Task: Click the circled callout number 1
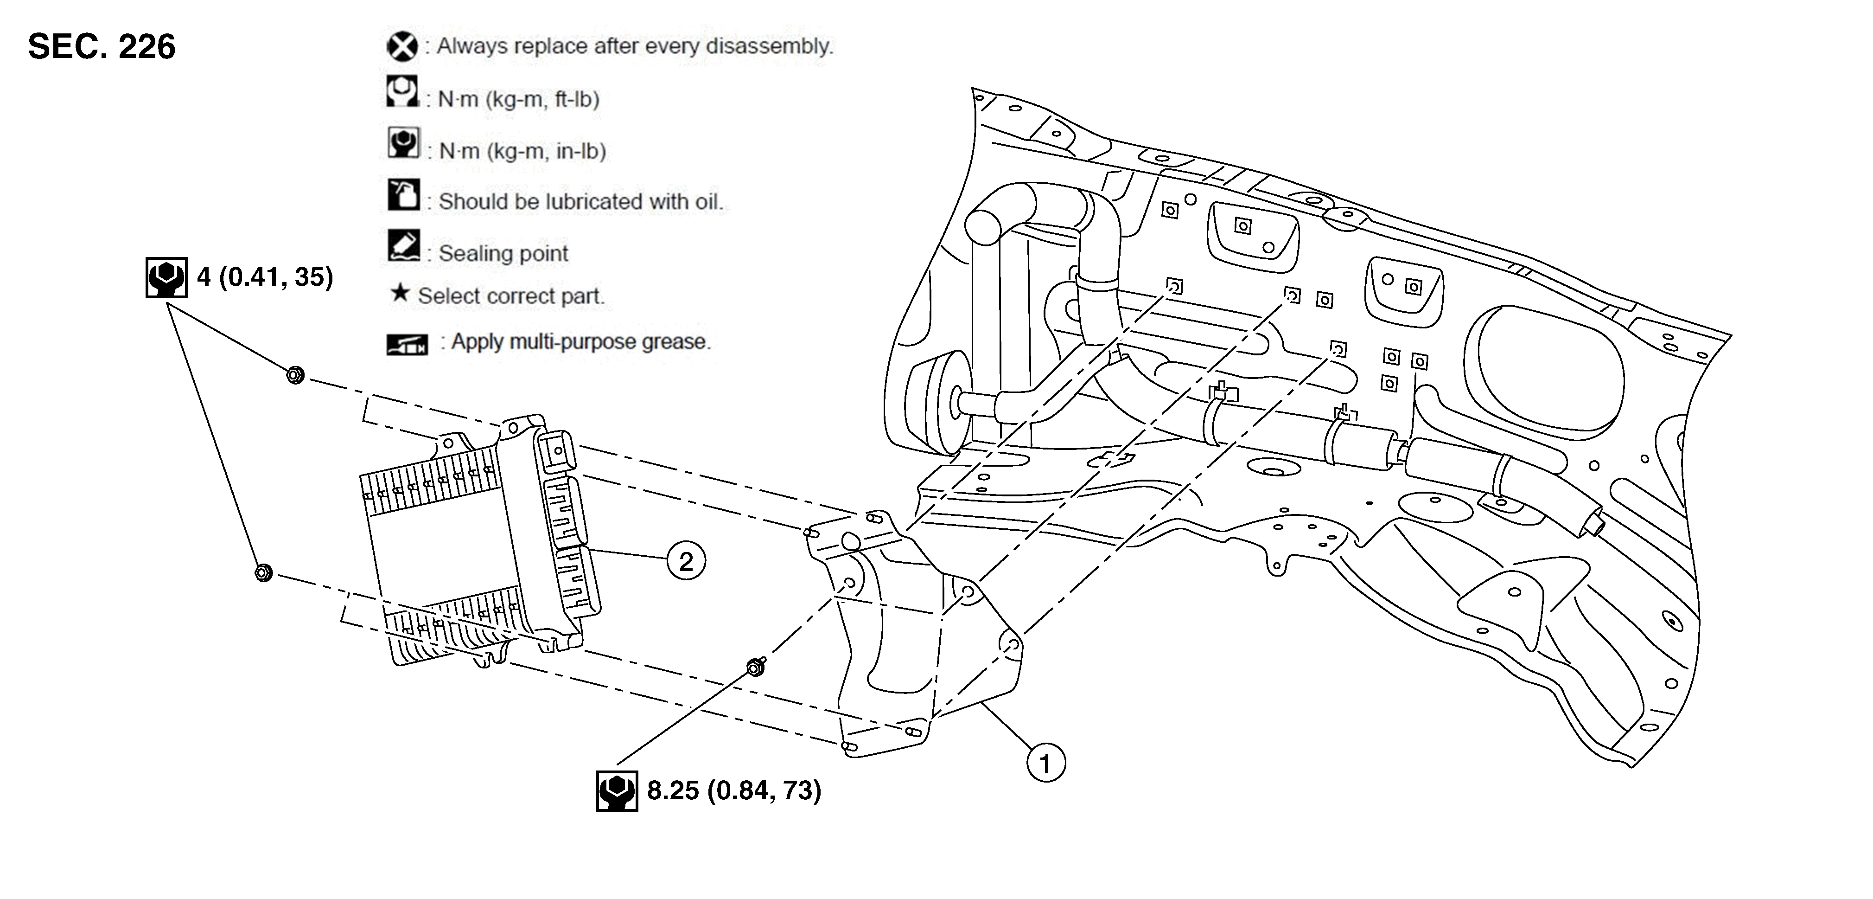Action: (1045, 764)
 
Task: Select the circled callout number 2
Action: (686, 561)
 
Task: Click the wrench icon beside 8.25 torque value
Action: (617, 791)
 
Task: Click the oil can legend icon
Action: (403, 195)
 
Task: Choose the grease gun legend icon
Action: (407, 344)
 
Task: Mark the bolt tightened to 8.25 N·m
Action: (755, 666)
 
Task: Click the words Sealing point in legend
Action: (503, 254)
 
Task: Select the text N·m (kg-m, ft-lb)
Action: (518, 99)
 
